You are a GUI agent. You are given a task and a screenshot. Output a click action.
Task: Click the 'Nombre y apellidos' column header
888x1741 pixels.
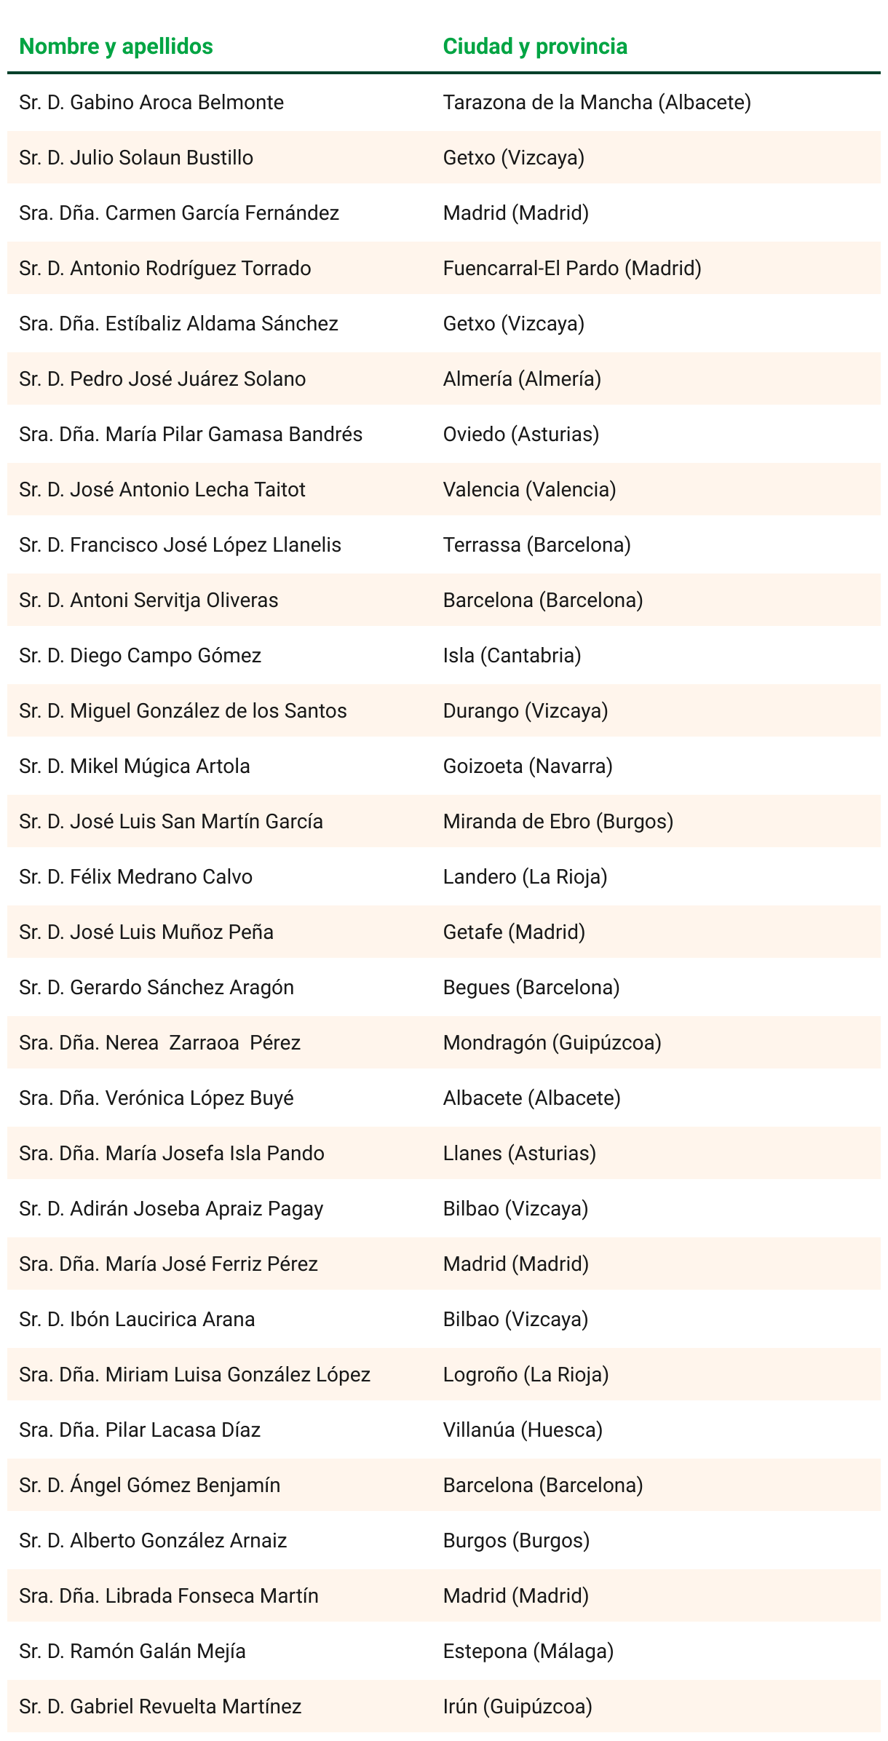point(116,47)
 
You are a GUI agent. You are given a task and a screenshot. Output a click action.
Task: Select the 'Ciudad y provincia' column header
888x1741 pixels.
point(535,47)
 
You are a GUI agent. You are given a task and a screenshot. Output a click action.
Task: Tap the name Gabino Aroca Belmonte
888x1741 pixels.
point(151,103)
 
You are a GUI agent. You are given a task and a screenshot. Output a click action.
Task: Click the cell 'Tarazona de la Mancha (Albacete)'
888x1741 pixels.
point(597,103)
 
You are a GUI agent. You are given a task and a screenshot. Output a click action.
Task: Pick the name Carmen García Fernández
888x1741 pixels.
point(179,213)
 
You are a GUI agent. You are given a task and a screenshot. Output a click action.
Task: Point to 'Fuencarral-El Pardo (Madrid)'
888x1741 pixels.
point(572,269)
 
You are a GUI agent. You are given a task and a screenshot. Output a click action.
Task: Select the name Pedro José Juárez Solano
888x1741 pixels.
point(162,379)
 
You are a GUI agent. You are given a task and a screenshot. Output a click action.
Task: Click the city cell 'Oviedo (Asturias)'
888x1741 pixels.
point(521,435)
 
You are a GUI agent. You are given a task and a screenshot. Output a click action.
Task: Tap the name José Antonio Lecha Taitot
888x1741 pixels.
point(162,490)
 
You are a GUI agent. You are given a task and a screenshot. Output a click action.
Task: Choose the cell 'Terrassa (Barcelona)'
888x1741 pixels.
point(536,545)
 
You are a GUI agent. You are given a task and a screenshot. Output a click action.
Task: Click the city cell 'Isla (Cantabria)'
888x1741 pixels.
point(512,656)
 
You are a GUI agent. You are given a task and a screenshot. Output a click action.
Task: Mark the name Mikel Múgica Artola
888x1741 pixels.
point(135,766)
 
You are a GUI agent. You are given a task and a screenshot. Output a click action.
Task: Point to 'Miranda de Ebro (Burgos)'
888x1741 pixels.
point(558,822)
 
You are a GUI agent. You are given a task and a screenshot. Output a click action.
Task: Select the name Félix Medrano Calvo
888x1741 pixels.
point(136,877)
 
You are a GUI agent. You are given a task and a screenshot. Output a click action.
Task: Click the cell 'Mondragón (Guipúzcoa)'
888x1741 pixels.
point(552,1043)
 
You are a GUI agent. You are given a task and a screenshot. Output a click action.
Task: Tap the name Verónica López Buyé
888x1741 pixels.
point(156,1098)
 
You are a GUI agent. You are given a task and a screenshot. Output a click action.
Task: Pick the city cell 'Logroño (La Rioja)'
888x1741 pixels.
point(526,1375)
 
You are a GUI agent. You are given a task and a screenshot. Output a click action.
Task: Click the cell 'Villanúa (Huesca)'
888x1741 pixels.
point(523,1430)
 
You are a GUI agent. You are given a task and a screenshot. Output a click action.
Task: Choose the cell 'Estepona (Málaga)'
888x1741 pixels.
point(528,1651)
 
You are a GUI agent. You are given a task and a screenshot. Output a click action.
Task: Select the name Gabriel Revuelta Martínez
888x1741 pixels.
point(160,1707)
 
